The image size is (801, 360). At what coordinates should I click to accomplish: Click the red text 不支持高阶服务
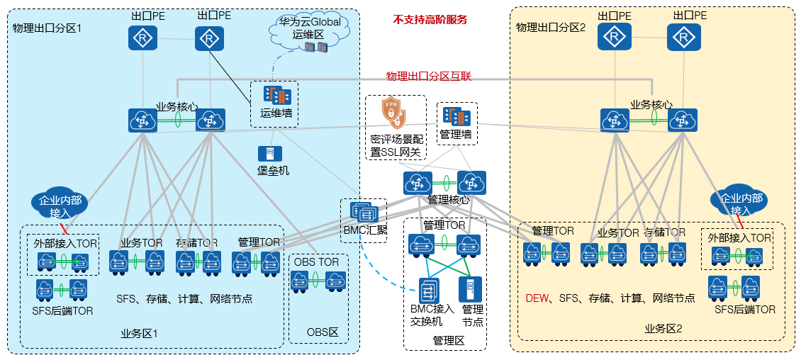430,20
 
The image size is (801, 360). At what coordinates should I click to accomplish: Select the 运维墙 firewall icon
274,95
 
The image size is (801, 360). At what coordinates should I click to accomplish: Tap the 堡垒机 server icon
273,153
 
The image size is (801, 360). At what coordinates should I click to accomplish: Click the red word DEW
537,299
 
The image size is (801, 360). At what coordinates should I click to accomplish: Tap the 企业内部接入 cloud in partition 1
60,204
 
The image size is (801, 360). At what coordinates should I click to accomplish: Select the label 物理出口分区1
47,28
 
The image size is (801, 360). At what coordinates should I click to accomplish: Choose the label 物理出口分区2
551,28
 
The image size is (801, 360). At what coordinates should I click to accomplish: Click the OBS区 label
323,332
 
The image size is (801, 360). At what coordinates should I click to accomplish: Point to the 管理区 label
447,341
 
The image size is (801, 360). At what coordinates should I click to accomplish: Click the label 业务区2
663,329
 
